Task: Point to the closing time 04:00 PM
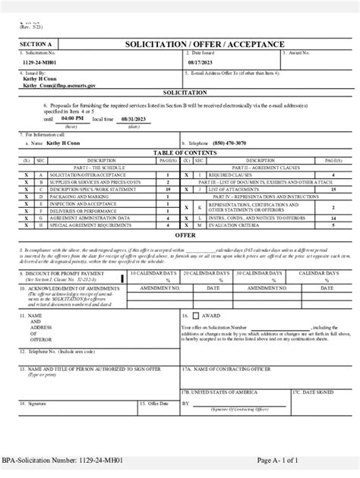[72, 118]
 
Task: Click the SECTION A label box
[31, 46]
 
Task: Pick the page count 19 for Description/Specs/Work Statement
[167, 190]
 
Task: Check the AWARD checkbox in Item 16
[197, 293]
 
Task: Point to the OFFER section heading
[180, 235]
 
